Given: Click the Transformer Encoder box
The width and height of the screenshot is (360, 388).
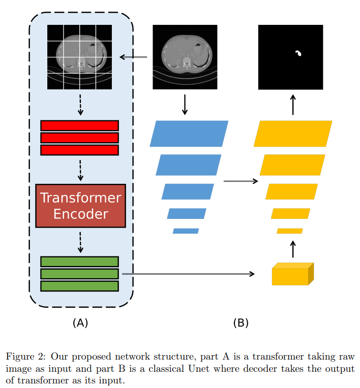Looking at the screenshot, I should (x=80, y=205).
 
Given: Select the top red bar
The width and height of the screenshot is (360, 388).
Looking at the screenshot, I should (x=79, y=125).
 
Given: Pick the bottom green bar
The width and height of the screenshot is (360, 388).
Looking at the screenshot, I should (x=79, y=286).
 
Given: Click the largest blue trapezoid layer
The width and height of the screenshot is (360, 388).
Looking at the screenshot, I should (x=189, y=134).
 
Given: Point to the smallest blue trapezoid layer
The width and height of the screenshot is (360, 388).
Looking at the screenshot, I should (x=186, y=231).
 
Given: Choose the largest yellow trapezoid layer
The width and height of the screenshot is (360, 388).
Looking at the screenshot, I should (x=293, y=134).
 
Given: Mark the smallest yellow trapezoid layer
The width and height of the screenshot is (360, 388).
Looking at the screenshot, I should (x=290, y=231).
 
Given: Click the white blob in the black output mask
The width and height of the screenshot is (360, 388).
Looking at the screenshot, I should (x=298, y=53).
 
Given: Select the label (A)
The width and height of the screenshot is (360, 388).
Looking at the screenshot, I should (x=80, y=323).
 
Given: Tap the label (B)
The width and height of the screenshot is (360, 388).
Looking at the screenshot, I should (x=241, y=323).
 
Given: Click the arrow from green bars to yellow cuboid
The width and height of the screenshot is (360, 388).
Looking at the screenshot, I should (x=188, y=274).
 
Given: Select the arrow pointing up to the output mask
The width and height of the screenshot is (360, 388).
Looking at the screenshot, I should (x=292, y=104).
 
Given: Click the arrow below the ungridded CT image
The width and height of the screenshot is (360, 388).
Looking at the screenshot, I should (x=185, y=104).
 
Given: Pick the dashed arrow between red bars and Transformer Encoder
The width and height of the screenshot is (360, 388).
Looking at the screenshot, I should (x=80, y=170).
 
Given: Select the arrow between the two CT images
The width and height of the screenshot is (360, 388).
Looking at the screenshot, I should (x=133, y=57).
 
